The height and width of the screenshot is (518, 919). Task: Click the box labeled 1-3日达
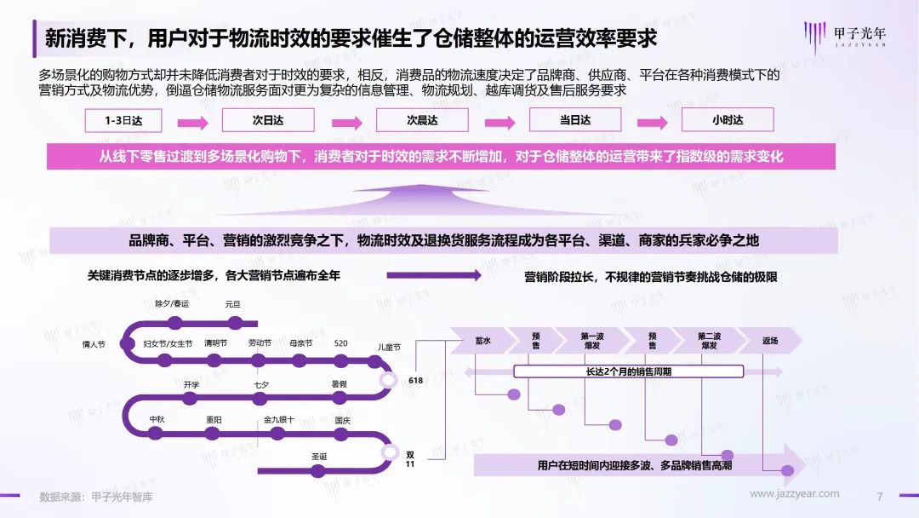123,120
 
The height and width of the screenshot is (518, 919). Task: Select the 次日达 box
268,120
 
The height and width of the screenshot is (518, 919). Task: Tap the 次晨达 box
422,120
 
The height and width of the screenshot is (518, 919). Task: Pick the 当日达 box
575,119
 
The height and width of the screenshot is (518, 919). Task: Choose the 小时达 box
728,119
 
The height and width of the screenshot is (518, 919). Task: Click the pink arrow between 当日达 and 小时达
653,123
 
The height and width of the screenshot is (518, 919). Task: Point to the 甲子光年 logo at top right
845,37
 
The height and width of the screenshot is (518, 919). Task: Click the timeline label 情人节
94,344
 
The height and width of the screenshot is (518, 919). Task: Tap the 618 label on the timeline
415,380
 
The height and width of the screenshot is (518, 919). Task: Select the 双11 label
409,459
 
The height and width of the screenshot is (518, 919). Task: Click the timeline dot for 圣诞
318,470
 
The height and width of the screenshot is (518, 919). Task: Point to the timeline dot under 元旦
235,323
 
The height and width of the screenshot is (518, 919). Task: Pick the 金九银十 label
279,419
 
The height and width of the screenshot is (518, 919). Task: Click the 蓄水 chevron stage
483,340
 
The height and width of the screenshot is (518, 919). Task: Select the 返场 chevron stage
770,340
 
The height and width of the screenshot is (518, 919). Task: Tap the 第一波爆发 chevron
592,340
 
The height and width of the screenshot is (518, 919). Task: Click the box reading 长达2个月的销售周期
628,371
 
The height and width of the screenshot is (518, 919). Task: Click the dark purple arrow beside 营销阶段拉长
434,275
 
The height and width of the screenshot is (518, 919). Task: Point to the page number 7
880,497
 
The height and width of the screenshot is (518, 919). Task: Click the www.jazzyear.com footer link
794,494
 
